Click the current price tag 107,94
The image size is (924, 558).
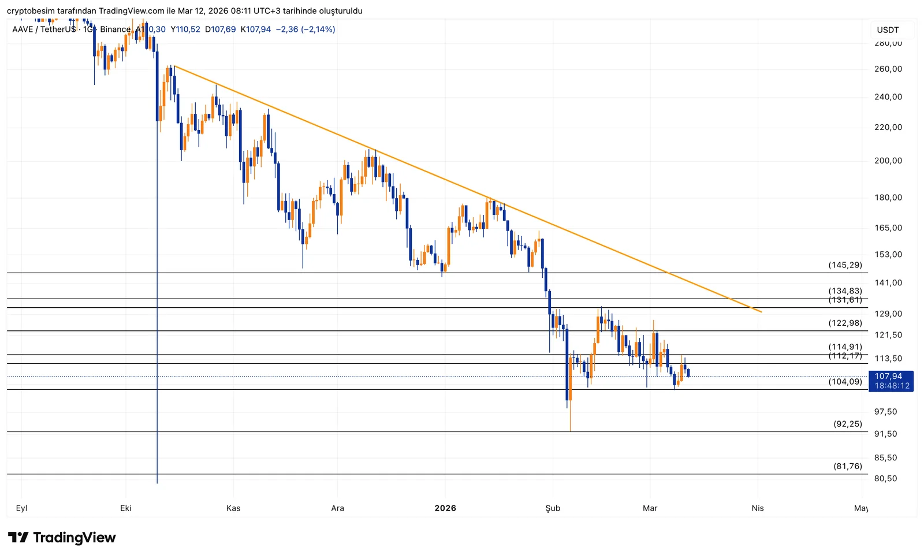[x=888, y=376]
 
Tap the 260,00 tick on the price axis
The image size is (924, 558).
[x=888, y=69]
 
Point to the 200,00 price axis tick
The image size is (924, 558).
[x=888, y=161]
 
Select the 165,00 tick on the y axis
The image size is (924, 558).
[x=888, y=228]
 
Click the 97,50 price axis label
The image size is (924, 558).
[x=886, y=411]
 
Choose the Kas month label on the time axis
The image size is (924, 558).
[x=233, y=508]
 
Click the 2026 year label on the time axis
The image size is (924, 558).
[x=445, y=508]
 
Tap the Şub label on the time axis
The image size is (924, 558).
[x=553, y=508]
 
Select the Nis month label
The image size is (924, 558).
[x=758, y=508]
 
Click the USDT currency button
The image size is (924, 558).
[x=888, y=30]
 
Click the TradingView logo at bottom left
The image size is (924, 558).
[x=62, y=538]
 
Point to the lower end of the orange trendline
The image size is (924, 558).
[x=761, y=312]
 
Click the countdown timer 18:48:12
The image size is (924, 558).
[x=892, y=386]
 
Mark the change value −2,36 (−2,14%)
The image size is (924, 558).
[x=305, y=29]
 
